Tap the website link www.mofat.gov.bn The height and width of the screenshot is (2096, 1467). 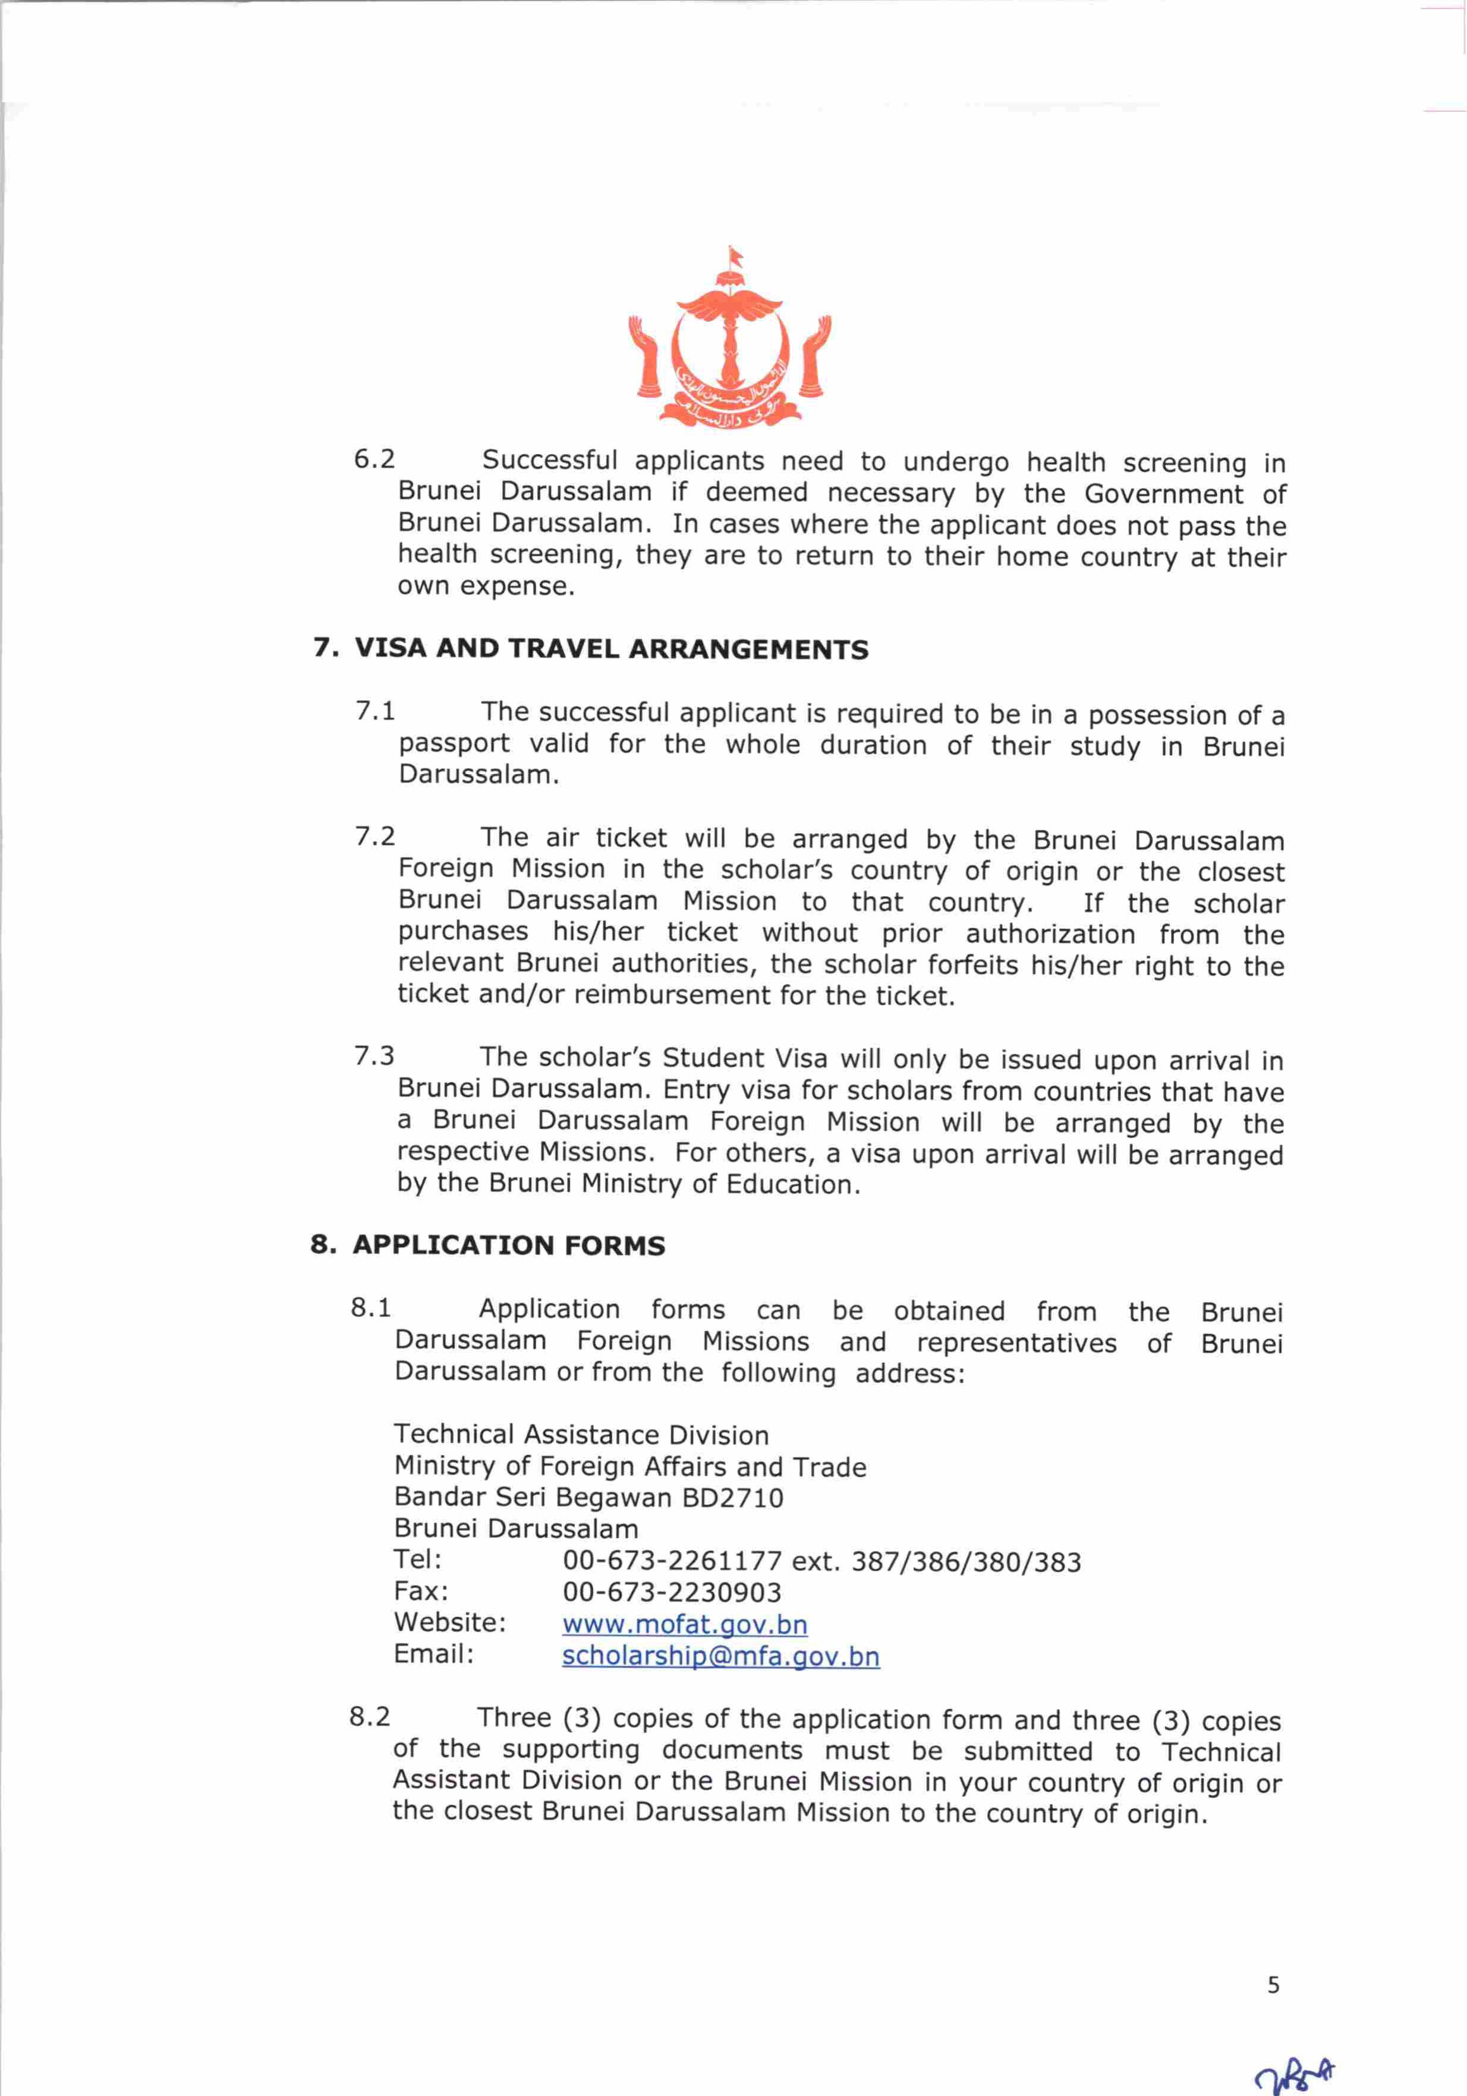pos(685,1624)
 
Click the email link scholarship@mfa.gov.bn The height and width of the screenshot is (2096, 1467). pos(720,1656)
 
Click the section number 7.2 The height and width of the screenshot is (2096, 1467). pos(375,836)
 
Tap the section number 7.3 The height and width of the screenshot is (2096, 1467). pos(374,1056)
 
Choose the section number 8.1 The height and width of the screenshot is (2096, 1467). pos(371,1308)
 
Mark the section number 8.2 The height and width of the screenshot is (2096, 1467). pos(370,1717)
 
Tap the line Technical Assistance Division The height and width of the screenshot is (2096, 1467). pos(581,1435)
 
